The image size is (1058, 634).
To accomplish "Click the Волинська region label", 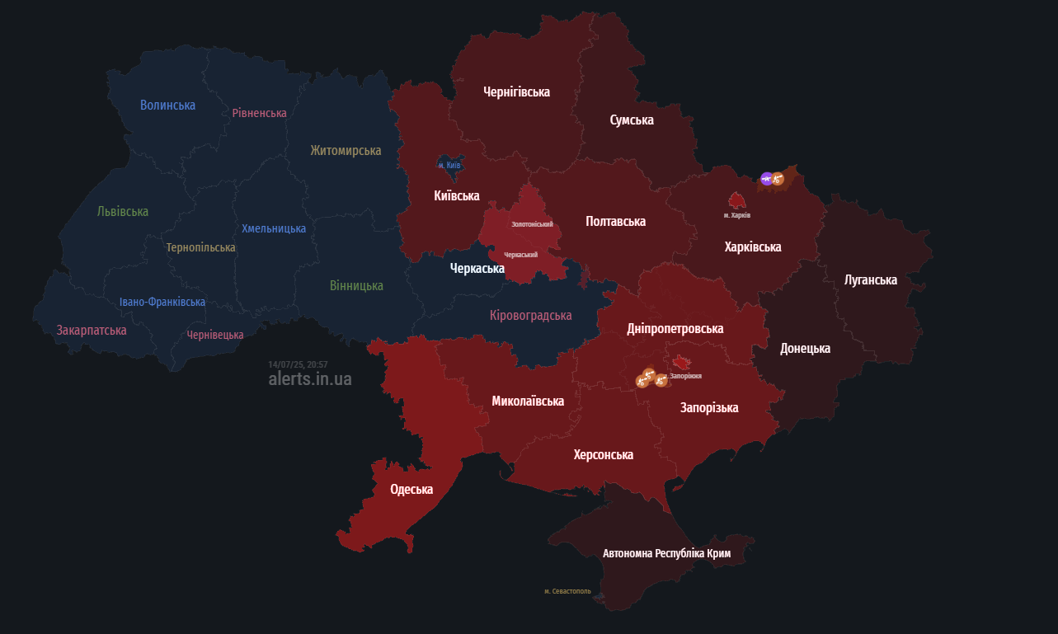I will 167,105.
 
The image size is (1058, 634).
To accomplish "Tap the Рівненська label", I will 259,113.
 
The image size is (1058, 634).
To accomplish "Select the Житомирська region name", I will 346,150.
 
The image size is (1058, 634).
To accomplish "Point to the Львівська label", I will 123,212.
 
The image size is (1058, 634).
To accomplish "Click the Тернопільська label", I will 200,247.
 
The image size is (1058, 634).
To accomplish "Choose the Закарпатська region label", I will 92,330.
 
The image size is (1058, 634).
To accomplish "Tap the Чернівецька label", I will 215,335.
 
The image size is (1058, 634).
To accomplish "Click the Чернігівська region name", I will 516,92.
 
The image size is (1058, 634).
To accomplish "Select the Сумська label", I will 632,120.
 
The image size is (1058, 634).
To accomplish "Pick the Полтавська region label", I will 615,221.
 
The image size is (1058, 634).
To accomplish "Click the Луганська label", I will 871,280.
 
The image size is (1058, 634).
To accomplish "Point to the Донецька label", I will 805,348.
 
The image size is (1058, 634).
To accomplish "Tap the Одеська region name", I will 411,490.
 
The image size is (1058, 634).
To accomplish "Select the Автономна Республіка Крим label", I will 666,553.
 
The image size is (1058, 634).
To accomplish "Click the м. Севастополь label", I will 567,591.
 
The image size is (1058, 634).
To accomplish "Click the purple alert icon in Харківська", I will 767,178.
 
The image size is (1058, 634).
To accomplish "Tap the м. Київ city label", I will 449,166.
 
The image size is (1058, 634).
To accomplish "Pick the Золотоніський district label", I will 532,224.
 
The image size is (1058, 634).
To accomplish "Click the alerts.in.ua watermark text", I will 310,379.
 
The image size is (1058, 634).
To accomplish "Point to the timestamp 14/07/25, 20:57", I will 298,364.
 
